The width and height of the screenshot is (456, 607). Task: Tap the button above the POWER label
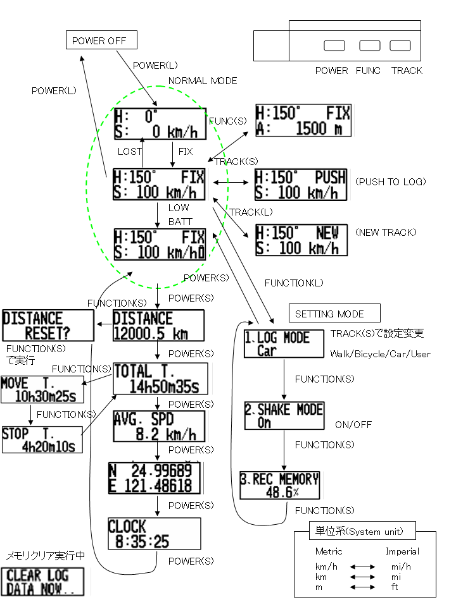coord(334,46)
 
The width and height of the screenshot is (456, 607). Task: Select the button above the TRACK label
coord(400,46)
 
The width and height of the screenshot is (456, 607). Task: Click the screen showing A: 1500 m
coord(303,121)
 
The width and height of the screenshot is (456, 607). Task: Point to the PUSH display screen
coord(301,185)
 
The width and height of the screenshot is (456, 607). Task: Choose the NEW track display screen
coord(301,240)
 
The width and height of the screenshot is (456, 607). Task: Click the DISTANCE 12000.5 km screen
coord(158,326)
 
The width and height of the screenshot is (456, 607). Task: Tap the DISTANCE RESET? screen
coord(47,326)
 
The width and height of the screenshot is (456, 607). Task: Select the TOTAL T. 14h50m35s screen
coord(160,379)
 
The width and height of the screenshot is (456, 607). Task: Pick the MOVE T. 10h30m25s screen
coord(42,390)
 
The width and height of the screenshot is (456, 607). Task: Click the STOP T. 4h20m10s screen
coord(42,439)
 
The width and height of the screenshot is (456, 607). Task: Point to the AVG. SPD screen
coord(159,427)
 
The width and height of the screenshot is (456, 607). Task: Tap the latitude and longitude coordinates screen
coord(155,478)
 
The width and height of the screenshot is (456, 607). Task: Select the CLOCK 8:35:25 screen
coord(154,534)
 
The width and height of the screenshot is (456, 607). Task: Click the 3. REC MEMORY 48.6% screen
coord(279,486)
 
